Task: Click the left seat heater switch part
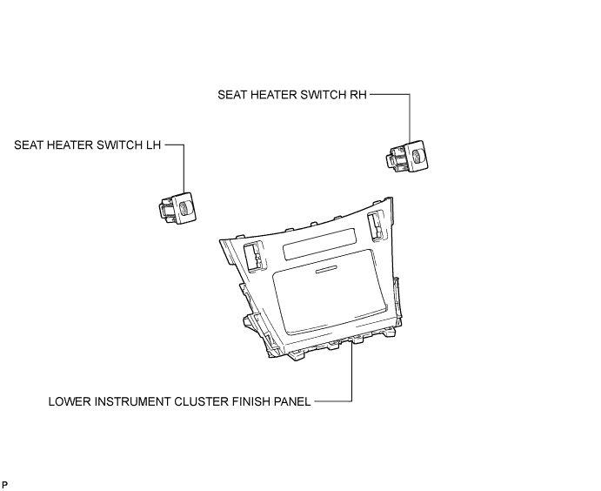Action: point(176,207)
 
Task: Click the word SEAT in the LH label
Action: point(28,145)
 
